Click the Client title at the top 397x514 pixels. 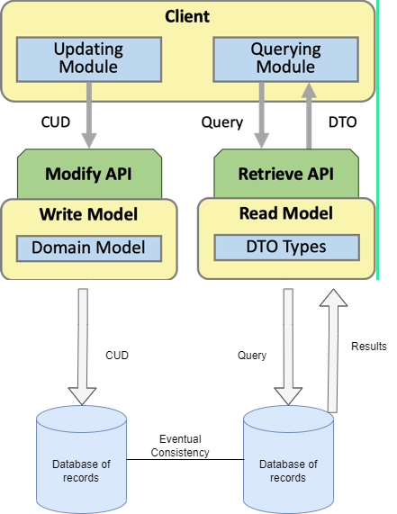pos(187,16)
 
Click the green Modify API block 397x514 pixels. pos(89,173)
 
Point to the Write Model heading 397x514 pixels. pos(89,214)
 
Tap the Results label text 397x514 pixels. pos(369,346)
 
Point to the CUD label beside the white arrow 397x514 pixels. pos(117,356)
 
